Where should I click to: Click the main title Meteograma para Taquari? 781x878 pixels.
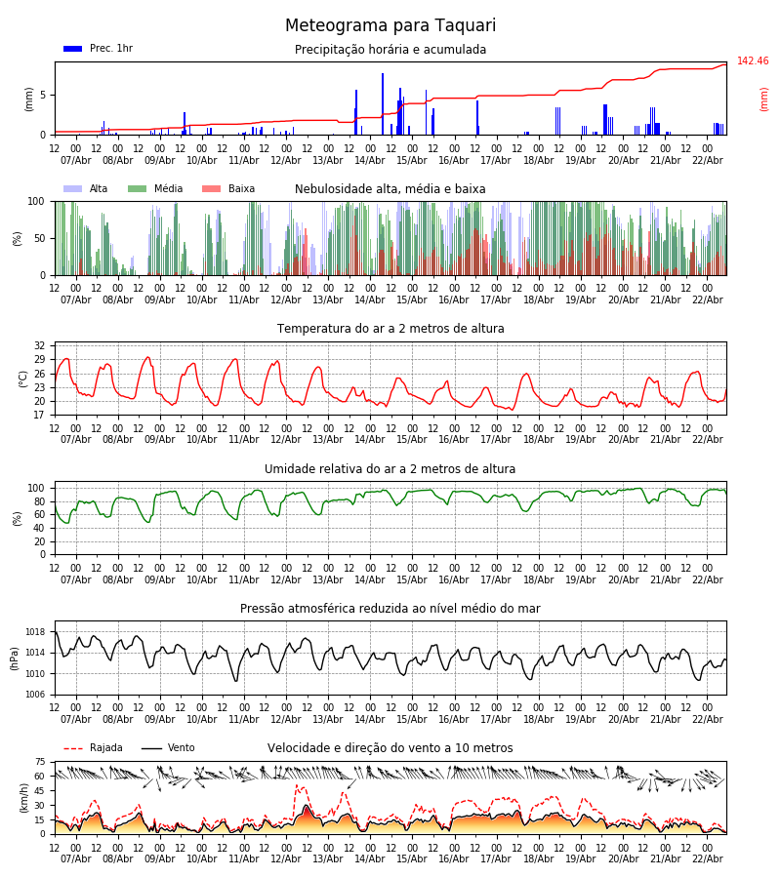click(x=390, y=26)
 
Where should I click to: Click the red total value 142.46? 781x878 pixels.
click(x=753, y=61)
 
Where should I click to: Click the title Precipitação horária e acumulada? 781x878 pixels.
click(x=390, y=50)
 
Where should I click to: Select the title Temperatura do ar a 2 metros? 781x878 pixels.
click(x=390, y=329)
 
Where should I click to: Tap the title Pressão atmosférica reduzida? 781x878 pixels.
click(x=390, y=609)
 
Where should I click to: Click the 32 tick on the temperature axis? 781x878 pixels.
click(x=39, y=346)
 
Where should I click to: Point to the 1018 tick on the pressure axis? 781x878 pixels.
click(x=36, y=632)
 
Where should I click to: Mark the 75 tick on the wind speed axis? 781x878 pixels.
click(x=40, y=762)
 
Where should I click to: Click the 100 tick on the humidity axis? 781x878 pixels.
click(x=36, y=488)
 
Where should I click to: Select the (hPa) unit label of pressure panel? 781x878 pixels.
click(x=16, y=658)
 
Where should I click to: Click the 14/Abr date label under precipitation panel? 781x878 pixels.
click(x=370, y=161)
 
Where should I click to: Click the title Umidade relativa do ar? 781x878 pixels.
click(x=390, y=469)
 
